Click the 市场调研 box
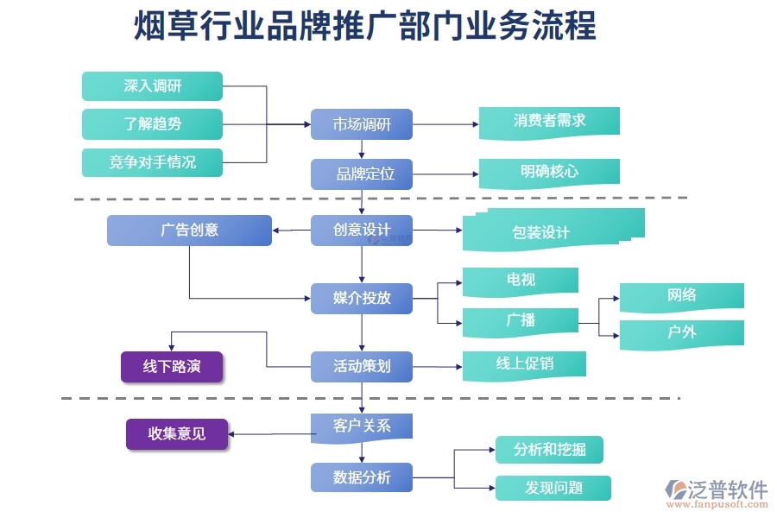(x=362, y=124)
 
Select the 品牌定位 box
(x=362, y=174)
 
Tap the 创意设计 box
(x=362, y=230)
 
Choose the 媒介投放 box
(x=362, y=298)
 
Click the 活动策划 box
(x=362, y=366)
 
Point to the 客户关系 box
(x=362, y=426)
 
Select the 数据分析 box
(x=362, y=477)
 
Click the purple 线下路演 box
(x=172, y=367)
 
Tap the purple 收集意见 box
(x=177, y=434)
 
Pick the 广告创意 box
(x=189, y=230)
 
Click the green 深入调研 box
(x=152, y=86)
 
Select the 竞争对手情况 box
(x=152, y=162)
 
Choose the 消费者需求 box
(x=549, y=121)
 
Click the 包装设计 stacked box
(x=553, y=231)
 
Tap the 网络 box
(x=681, y=295)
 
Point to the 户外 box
(x=681, y=333)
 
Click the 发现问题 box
(x=553, y=488)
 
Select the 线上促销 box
(x=524, y=364)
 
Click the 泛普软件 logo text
(x=727, y=490)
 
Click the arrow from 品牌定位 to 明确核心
(x=445, y=174)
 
